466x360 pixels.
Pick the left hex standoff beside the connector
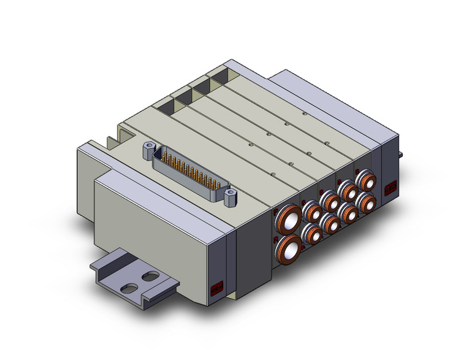148,148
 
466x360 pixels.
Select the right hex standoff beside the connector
230,197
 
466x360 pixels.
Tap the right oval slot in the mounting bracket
150,277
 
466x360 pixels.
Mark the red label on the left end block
216,287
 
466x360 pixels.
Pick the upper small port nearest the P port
314,212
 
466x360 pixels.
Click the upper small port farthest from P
369,182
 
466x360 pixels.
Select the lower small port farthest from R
367,201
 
